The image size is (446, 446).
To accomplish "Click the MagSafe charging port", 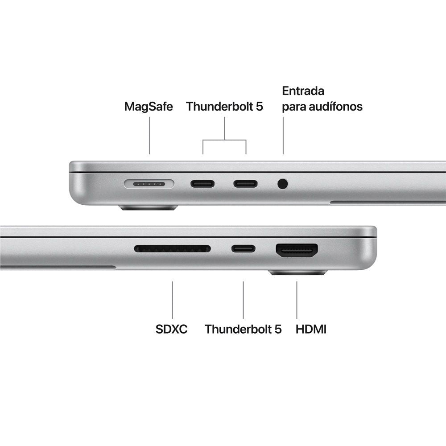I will [149, 183].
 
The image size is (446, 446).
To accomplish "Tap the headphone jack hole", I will [282, 183].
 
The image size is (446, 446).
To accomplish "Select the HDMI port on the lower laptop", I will [297, 250].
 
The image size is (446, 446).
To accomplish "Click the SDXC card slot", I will [172, 248].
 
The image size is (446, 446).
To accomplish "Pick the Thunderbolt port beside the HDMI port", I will [243, 248].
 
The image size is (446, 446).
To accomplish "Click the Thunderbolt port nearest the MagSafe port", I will [202, 183].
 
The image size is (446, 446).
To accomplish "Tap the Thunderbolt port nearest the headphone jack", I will [245, 183].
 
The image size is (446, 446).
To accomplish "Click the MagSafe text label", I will [149, 107].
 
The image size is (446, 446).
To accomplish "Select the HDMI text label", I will [311, 330].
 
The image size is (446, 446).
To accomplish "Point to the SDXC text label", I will [172, 330].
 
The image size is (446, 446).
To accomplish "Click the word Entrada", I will [303, 91].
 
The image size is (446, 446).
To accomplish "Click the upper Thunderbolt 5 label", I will [225, 107].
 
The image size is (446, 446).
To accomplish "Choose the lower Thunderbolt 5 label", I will [243, 330].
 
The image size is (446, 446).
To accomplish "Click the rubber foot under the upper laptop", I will [149, 208].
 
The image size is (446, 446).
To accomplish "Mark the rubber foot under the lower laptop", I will [298, 273].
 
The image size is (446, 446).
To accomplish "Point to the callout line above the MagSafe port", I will [149, 136].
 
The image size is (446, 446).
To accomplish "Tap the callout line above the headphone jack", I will [283, 136].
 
